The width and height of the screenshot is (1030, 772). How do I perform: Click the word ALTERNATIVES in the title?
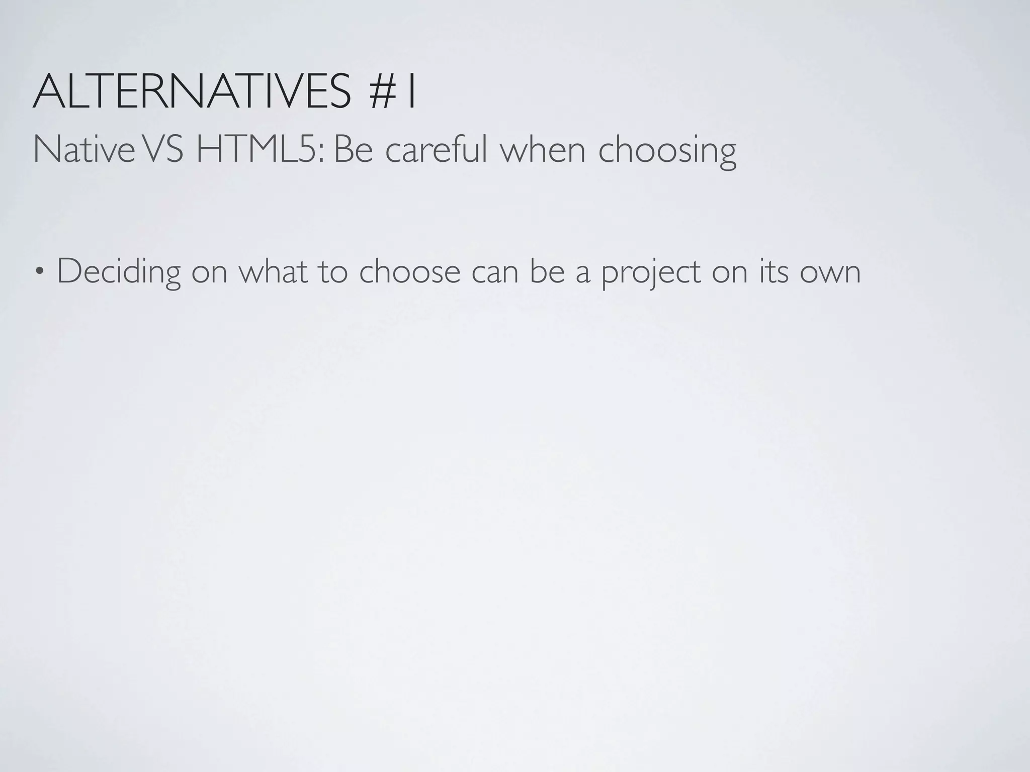(x=191, y=91)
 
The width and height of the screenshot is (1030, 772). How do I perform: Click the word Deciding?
(x=119, y=272)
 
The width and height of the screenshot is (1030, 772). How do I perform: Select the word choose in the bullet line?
(x=409, y=271)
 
